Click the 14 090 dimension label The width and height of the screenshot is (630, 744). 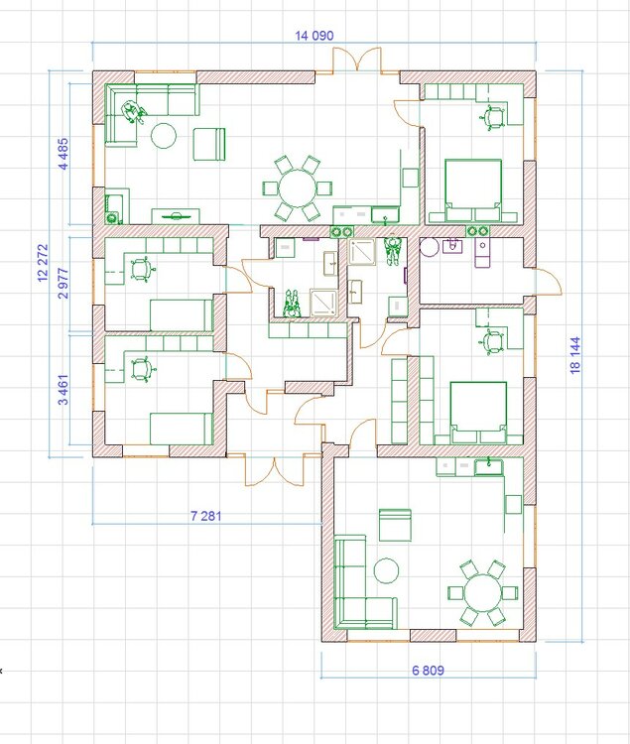pyautogui.click(x=315, y=36)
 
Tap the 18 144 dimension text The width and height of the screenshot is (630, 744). pyautogui.click(x=575, y=355)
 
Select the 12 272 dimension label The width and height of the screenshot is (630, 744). pyautogui.click(x=44, y=263)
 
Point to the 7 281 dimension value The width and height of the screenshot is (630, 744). pyautogui.click(x=206, y=515)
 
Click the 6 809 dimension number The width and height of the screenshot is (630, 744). pyautogui.click(x=428, y=670)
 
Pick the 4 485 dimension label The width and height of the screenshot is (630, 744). pyautogui.click(x=63, y=154)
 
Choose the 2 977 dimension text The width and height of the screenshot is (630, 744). pyautogui.click(x=63, y=284)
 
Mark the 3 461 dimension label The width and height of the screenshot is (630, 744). pyautogui.click(x=63, y=390)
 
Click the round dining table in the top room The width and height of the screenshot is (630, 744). pyautogui.click(x=298, y=188)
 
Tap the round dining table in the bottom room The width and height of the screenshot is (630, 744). pyautogui.click(x=482, y=592)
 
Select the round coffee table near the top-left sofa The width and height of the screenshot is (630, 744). pyautogui.click(x=164, y=136)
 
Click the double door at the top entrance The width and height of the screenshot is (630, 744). pyautogui.click(x=357, y=60)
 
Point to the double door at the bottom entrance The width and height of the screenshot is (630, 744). pyautogui.click(x=274, y=470)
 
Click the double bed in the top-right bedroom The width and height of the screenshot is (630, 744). pyautogui.click(x=473, y=190)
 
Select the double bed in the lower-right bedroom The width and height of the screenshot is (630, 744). pyautogui.click(x=478, y=413)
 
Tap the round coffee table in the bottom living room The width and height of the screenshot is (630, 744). pyautogui.click(x=386, y=570)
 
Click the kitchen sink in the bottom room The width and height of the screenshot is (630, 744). pyautogui.click(x=489, y=467)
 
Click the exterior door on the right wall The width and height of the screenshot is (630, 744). pyautogui.click(x=549, y=282)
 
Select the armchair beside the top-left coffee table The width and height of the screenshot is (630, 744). pyautogui.click(x=209, y=144)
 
